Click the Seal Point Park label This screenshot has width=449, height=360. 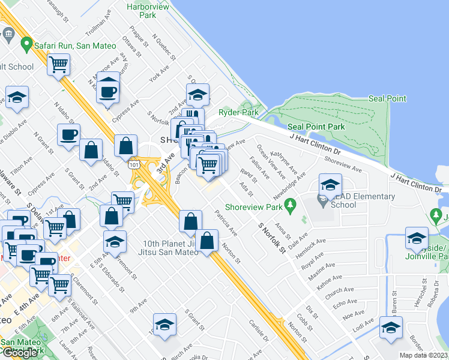316,127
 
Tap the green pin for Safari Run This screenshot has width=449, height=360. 26,44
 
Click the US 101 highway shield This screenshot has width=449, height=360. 133,164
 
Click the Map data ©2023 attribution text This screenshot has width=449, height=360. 423,355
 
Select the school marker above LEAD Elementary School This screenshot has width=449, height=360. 330,185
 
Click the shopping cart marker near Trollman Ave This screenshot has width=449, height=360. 58,64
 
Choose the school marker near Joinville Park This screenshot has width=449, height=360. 416,238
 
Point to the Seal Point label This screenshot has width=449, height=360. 387,98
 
